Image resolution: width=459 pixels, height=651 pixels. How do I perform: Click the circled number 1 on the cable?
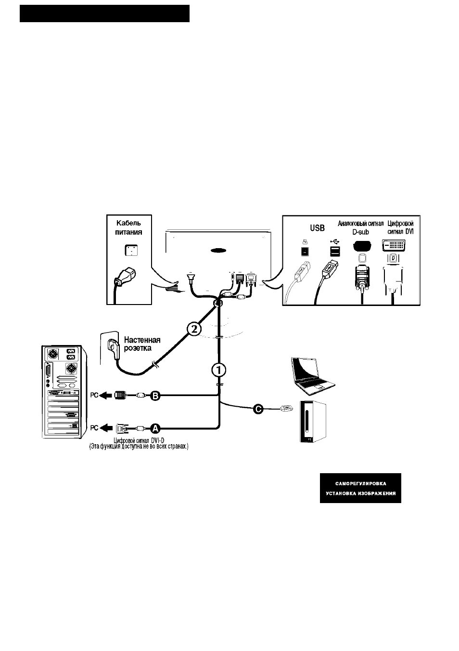pyautogui.click(x=219, y=370)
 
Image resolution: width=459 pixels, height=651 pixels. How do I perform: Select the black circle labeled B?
pyautogui.click(x=155, y=396)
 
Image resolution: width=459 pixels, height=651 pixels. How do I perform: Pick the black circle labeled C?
pyautogui.click(x=258, y=409)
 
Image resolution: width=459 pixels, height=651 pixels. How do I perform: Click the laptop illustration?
pyautogui.click(x=313, y=376)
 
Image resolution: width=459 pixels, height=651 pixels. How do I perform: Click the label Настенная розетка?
pyautogui.click(x=142, y=344)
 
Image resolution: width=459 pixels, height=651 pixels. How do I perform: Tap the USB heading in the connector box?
pyautogui.click(x=317, y=228)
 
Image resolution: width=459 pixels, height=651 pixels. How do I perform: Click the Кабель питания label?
pyautogui.click(x=129, y=227)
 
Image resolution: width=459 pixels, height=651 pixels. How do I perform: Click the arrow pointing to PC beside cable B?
pyautogui.click(x=106, y=395)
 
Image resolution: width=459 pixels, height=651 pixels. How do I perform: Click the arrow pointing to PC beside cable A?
pyautogui.click(x=106, y=428)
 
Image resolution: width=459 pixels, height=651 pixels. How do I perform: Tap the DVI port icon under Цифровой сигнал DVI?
pyautogui.click(x=394, y=246)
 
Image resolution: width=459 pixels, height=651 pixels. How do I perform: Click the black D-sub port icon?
pyautogui.click(x=362, y=246)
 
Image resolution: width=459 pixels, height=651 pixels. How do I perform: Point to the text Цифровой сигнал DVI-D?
pyautogui.click(x=139, y=440)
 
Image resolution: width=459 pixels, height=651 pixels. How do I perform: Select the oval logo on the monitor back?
pyautogui.click(x=218, y=250)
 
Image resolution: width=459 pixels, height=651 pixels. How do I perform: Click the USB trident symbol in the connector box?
pyautogui.click(x=335, y=241)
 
